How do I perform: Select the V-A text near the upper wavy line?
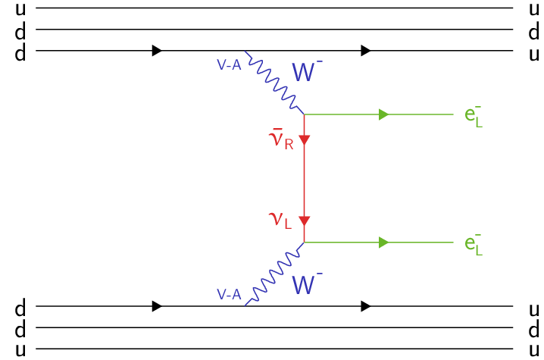(230, 65)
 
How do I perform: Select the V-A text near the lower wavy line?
(229, 293)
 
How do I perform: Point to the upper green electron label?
(474, 118)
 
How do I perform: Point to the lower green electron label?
(474, 246)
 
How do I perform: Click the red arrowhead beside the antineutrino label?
(304, 140)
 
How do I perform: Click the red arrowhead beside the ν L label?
(304, 221)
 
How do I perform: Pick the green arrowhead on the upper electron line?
(384, 114)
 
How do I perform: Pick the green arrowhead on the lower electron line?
(384, 243)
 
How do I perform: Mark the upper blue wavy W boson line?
(274, 83)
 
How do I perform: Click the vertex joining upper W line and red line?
(304, 114)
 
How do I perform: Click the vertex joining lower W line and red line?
(304, 243)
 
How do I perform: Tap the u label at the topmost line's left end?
(20, 9)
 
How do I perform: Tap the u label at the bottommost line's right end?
(534, 349)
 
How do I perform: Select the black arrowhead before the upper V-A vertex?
(157, 51)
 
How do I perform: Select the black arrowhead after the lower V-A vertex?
(367, 306)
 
